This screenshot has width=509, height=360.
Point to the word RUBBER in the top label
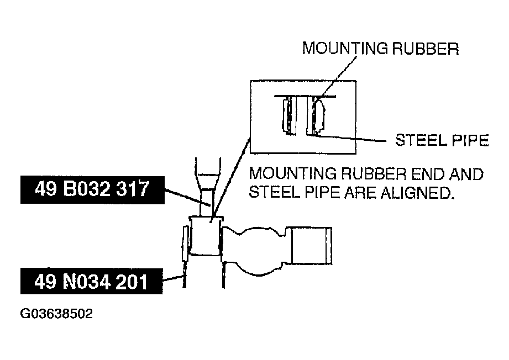[426, 49]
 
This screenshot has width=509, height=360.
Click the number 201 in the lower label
[131, 282]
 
